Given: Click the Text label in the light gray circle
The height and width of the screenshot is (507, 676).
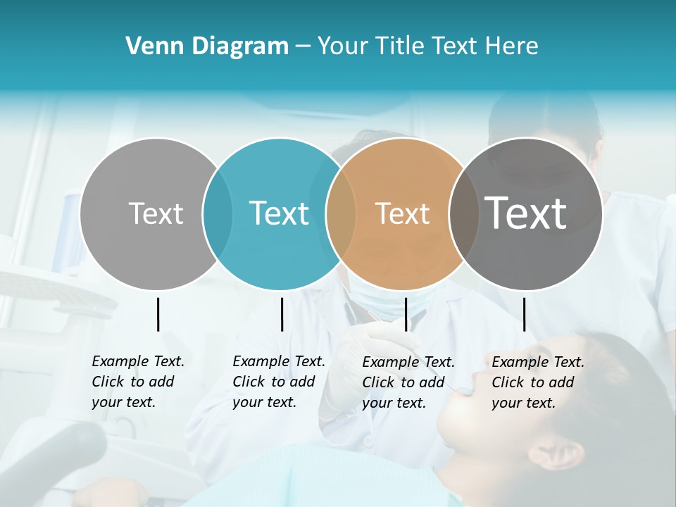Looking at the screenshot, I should [156, 213].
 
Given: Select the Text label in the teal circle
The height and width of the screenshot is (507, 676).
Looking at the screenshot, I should [279, 213].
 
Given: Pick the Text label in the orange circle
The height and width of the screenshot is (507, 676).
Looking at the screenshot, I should [402, 213].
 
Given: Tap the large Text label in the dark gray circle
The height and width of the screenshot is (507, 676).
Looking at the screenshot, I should [526, 213].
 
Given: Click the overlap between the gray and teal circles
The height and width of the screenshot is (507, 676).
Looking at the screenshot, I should [218, 213].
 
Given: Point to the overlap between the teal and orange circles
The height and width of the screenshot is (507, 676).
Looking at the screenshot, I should [341, 213].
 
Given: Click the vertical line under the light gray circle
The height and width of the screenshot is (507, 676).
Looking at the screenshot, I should [158, 314].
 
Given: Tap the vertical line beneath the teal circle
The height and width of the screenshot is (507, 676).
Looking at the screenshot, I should [282, 314].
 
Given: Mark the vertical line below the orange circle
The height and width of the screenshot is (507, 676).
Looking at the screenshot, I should [406, 314].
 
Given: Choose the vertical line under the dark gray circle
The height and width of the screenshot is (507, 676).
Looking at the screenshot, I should [524, 314].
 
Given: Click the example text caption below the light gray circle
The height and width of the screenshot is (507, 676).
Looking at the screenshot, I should [137, 382].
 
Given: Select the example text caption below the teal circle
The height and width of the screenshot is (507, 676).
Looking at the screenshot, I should [278, 382].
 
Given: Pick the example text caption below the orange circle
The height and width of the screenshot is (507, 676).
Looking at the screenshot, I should [408, 382].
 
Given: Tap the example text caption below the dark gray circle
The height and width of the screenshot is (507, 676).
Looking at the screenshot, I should [537, 382].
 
